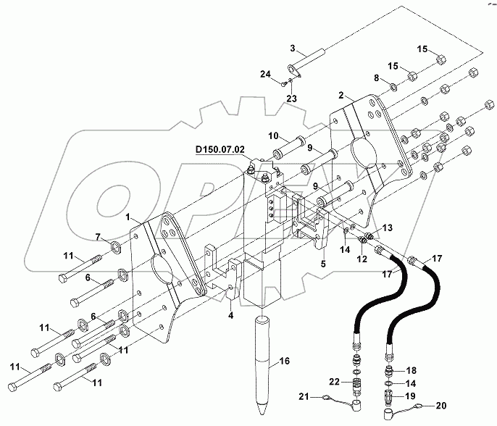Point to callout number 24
pyautogui.click(x=266, y=75)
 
